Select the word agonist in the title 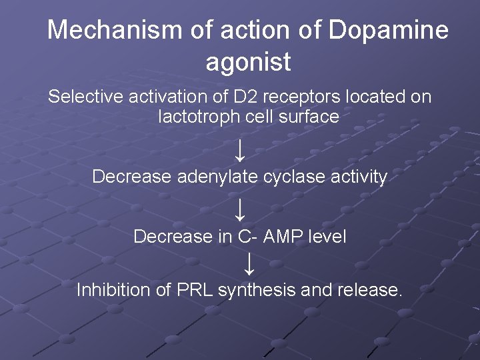pos(248,62)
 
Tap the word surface pos(313,117)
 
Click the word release pos(370,291)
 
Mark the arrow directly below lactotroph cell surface pos(240,148)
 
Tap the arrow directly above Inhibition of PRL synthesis pos(248,264)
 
